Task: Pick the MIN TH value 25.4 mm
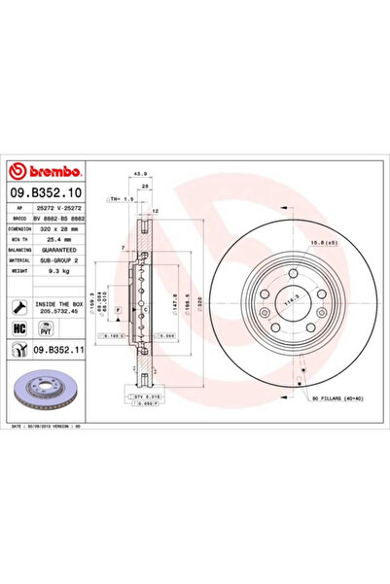pos(59,239)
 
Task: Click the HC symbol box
pos(18,329)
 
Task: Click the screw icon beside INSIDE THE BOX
pos(19,306)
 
